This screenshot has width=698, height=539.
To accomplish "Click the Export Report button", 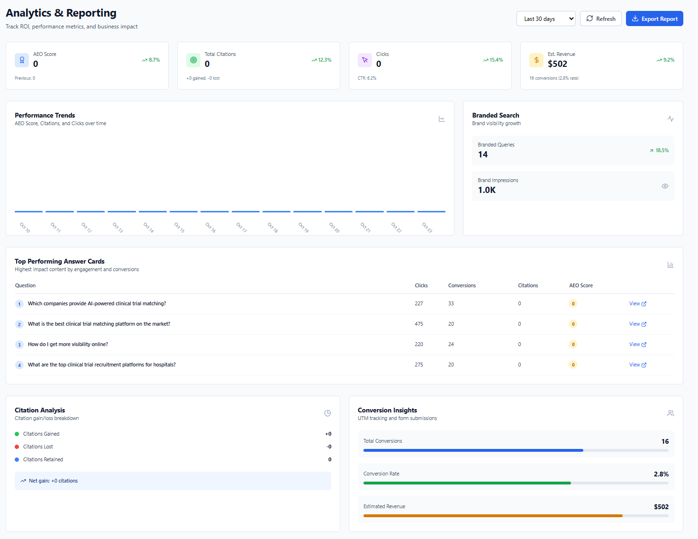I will [654, 19].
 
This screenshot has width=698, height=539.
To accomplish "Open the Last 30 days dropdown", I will [545, 19].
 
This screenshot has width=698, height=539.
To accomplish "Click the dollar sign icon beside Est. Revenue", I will [536, 60].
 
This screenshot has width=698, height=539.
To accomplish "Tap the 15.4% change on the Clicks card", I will [493, 60].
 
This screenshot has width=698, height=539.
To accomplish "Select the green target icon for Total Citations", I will [193, 60].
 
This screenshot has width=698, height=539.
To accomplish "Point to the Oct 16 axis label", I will [211, 228].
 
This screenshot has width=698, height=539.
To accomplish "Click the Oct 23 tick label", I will [427, 228].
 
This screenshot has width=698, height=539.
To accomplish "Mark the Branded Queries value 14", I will [483, 155].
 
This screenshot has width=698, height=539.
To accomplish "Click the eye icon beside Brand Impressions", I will [665, 186].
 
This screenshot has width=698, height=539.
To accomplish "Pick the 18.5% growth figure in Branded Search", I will [660, 151].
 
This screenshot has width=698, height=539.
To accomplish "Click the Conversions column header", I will [462, 286].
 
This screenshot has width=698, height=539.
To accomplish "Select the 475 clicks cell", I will [419, 324].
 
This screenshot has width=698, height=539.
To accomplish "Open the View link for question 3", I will [637, 345].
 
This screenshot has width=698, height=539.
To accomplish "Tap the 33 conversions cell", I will [451, 304].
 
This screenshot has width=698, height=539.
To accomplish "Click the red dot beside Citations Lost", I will [17, 447].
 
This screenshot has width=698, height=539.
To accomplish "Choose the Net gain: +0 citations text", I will [53, 481].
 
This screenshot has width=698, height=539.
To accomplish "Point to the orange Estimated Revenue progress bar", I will [493, 516].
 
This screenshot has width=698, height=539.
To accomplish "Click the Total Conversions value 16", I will [665, 442].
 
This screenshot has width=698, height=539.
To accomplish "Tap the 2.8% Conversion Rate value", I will [661, 475].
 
